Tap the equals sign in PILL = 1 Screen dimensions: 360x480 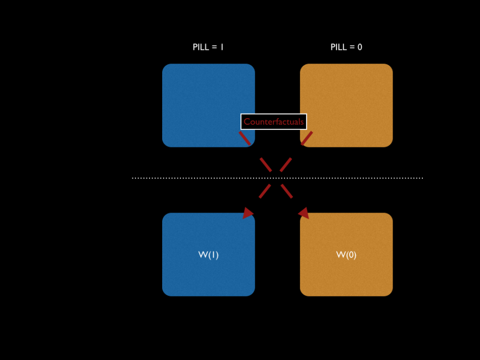pos(214,47)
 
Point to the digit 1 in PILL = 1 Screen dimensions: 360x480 pos(222,47)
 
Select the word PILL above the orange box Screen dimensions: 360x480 pos(339,47)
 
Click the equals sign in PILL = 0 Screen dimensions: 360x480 pos(352,47)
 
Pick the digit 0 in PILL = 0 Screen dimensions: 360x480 pos(359,47)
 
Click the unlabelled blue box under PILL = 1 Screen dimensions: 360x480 pos(202,96)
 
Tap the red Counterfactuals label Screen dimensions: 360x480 pos(273,122)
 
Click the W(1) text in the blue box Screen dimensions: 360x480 pos(208,255)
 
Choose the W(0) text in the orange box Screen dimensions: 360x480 pos(346,255)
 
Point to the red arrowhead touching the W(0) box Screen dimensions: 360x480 pos(304,213)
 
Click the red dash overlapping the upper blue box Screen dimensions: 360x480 pos(245,138)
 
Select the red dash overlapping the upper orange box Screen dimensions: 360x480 pos(307,138)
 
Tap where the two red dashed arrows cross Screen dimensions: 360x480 pos(276,172)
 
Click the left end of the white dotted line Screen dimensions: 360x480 pos(133,178)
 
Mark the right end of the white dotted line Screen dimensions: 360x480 pos(422,178)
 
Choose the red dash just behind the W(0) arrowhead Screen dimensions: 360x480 pos(286,191)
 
